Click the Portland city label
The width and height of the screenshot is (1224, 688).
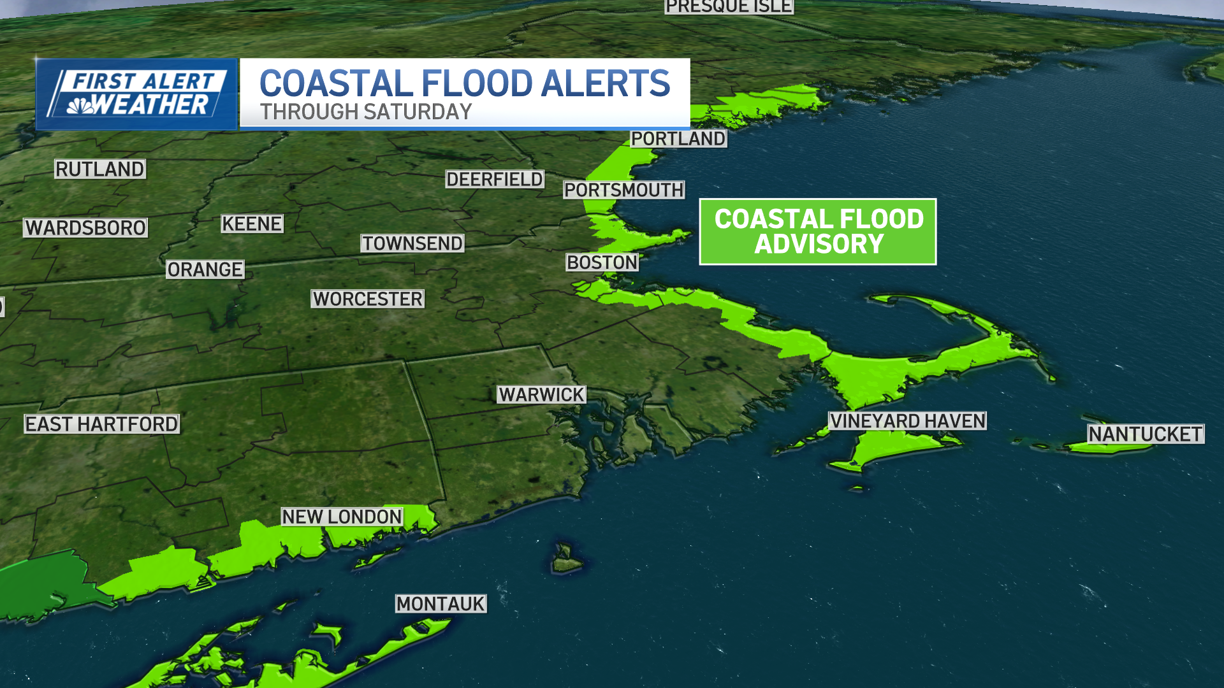click(678, 138)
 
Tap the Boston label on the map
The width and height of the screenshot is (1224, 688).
click(602, 262)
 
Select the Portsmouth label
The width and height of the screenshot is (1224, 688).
click(623, 190)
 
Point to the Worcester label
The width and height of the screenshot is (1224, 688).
click(367, 299)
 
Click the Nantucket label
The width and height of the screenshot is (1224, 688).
click(1145, 434)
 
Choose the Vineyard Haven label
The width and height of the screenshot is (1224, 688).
click(907, 420)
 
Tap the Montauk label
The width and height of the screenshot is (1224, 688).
click(441, 603)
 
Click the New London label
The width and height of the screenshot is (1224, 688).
click(342, 517)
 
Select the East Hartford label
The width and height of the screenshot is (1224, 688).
click(101, 424)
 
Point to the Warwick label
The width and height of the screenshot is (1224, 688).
click(541, 394)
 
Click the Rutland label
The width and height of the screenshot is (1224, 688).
click(100, 169)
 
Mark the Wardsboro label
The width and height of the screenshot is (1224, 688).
click(85, 227)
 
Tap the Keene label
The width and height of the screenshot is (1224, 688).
click(252, 224)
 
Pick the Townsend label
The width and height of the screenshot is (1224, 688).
click(412, 243)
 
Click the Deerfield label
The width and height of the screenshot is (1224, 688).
click(494, 179)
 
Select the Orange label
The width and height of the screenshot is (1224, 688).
click(205, 269)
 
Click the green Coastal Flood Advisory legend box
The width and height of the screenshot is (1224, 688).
click(818, 231)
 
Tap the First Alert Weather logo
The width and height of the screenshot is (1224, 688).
click(136, 94)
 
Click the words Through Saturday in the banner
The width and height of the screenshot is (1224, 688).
click(365, 111)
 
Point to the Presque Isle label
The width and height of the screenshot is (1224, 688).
click(729, 6)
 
